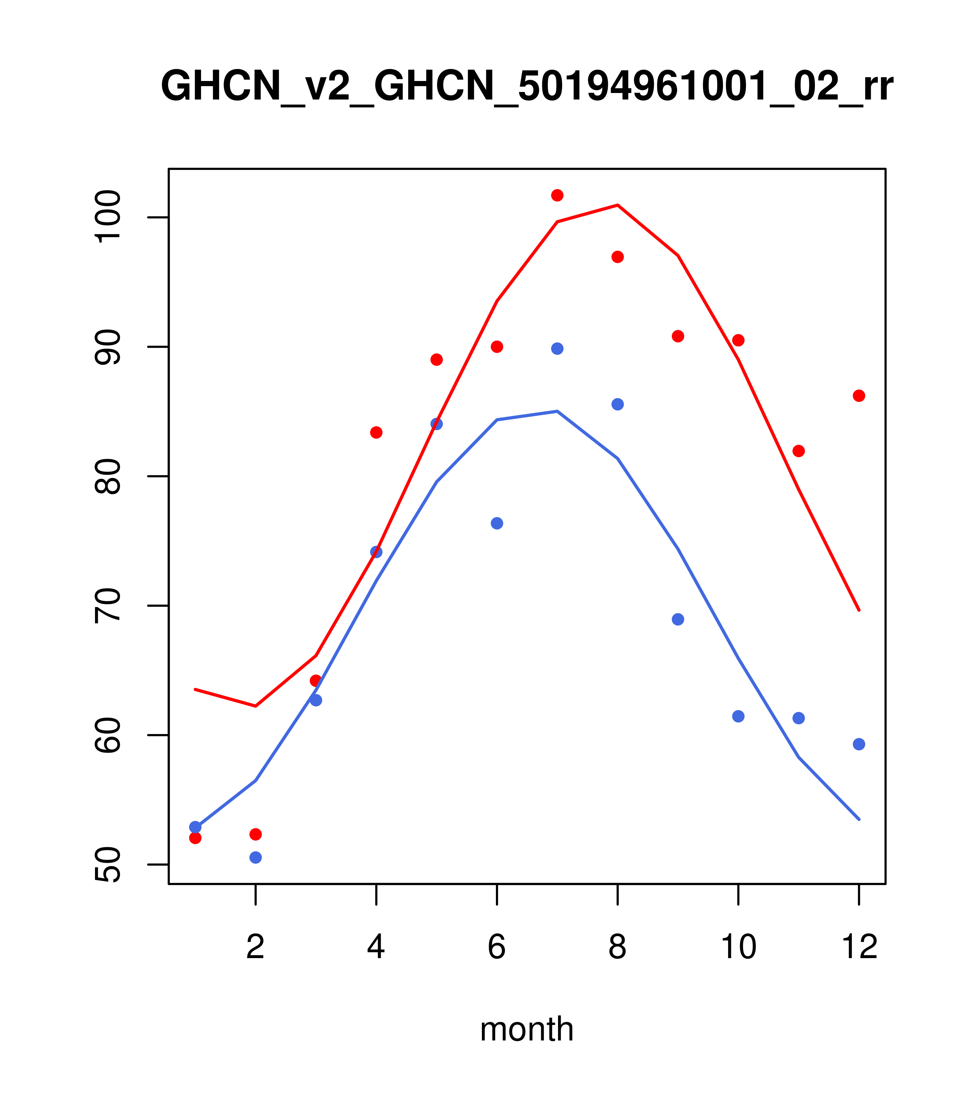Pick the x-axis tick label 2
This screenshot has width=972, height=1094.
coord(256,947)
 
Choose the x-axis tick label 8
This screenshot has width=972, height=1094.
coord(617,947)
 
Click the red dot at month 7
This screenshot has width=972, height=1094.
coord(557,195)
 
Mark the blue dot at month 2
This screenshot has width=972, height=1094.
coord(256,858)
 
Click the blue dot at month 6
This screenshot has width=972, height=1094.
coord(497,523)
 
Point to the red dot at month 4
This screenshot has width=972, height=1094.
coord(376,432)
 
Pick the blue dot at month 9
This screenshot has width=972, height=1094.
coord(678,620)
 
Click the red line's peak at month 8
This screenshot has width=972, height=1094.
coord(617,205)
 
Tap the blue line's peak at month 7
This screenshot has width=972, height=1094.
coord(557,411)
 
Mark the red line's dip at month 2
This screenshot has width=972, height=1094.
coord(256,707)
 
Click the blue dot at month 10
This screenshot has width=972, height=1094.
coord(738,717)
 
